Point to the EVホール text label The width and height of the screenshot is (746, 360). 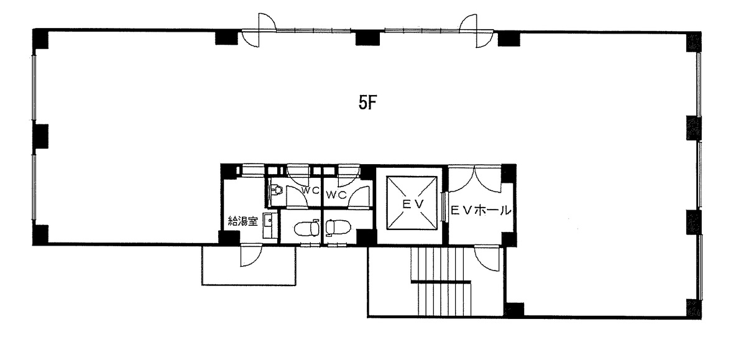[481, 211]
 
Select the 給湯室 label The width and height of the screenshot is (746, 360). [242, 220]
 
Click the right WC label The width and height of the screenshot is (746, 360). [335, 194]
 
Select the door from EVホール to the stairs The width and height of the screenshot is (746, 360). [488, 256]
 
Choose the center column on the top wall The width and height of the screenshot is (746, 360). [367, 38]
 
